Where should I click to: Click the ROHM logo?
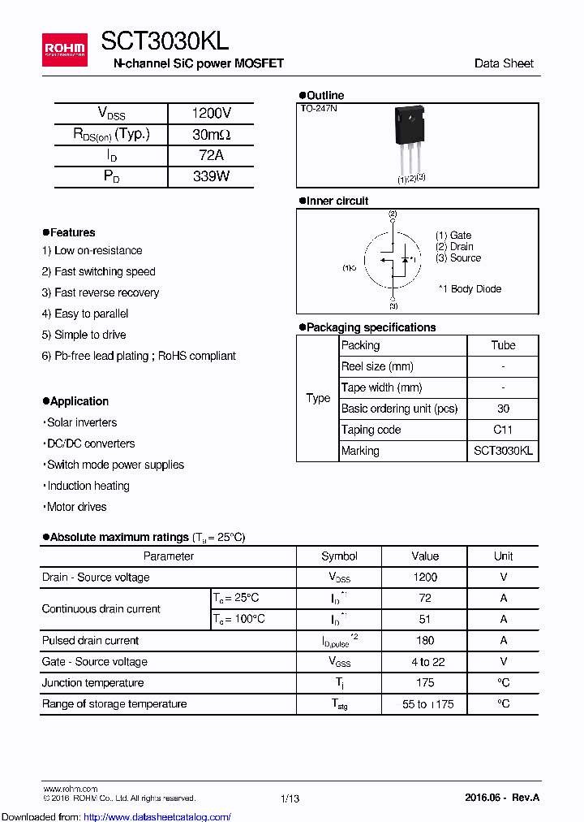(x=65, y=49)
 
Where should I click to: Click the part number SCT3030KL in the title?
(x=165, y=42)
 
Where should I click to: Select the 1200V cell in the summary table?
(x=211, y=114)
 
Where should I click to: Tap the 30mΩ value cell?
(x=211, y=135)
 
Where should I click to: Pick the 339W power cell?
(x=211, y=176)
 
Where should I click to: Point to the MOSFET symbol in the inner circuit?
(x=393, y=261)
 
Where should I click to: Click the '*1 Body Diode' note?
(x=470, y=289)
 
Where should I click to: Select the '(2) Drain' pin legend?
(x=454, y=247)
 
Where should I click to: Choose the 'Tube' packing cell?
(x=503, y=345)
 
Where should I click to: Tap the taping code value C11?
(x=503, y=430)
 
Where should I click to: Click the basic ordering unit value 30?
(x=503, y=409)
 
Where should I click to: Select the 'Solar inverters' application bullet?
(x=79, y=422)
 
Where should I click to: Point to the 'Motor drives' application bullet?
(x=75, y=507)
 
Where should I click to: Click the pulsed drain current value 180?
(x=425, y=641)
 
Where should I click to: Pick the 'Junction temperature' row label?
(x=93, y=683)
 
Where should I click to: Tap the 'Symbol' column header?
(x=339, y=556)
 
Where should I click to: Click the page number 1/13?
(x=290, y=798)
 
